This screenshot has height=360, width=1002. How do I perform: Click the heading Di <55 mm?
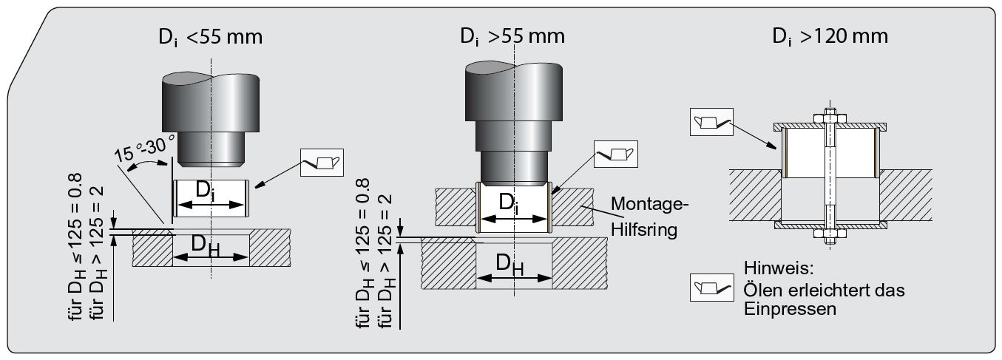point(210,37)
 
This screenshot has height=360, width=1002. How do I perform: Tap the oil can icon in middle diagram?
point(615,154)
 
